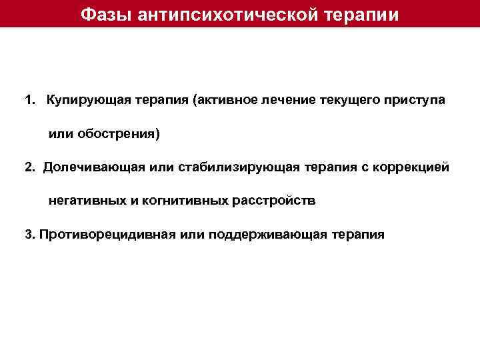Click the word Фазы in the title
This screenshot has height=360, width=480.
pos(107,14)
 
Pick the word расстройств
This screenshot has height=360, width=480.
pos(274,200)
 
